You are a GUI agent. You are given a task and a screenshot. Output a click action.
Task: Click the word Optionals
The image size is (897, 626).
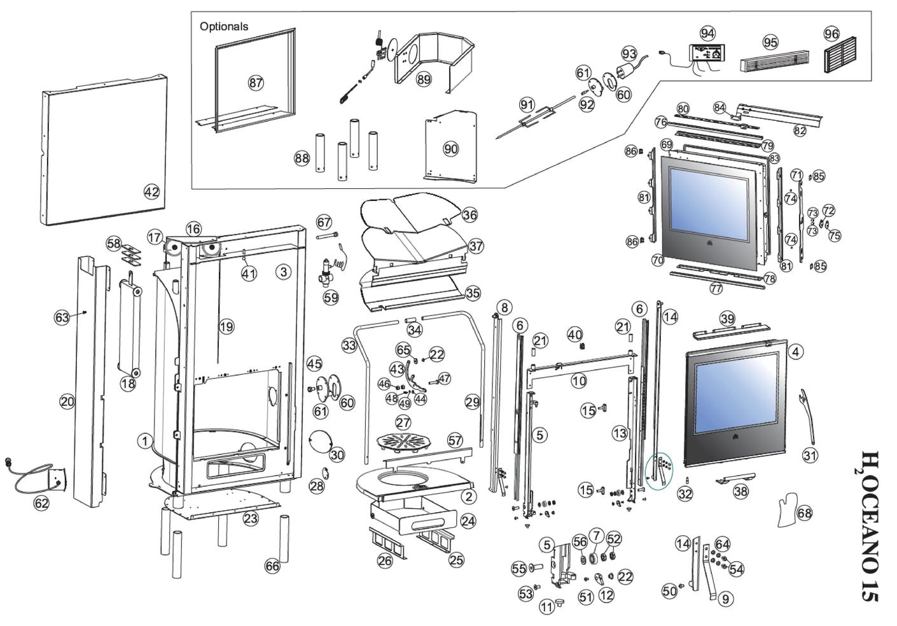223,27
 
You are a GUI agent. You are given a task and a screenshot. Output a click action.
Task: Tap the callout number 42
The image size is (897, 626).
151,191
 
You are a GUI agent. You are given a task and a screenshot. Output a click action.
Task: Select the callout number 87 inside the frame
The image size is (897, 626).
256,83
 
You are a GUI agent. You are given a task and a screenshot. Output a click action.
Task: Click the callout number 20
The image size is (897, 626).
67,401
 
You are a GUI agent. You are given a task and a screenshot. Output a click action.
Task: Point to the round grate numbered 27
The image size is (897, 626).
402,442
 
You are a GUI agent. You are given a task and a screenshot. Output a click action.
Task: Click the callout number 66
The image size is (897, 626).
272,566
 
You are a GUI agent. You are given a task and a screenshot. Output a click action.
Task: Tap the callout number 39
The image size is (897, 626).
727,319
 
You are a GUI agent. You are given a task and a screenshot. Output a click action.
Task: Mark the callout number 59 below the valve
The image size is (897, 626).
331,297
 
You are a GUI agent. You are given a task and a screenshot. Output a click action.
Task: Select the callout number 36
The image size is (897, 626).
469,215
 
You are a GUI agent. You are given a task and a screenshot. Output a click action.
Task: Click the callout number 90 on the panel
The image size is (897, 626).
450,149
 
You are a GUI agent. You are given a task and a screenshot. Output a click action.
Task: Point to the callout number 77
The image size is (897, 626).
716,288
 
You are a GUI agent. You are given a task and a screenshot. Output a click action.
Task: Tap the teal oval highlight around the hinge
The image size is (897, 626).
659,471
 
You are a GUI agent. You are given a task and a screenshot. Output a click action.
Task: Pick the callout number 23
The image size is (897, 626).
251,518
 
